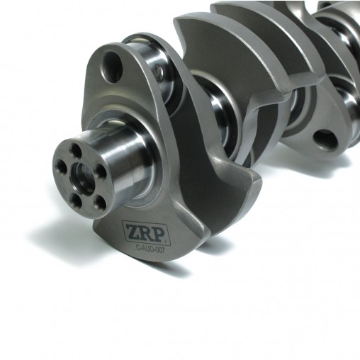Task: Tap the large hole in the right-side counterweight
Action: coord(325,140)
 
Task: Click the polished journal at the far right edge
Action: coord(349,99)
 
